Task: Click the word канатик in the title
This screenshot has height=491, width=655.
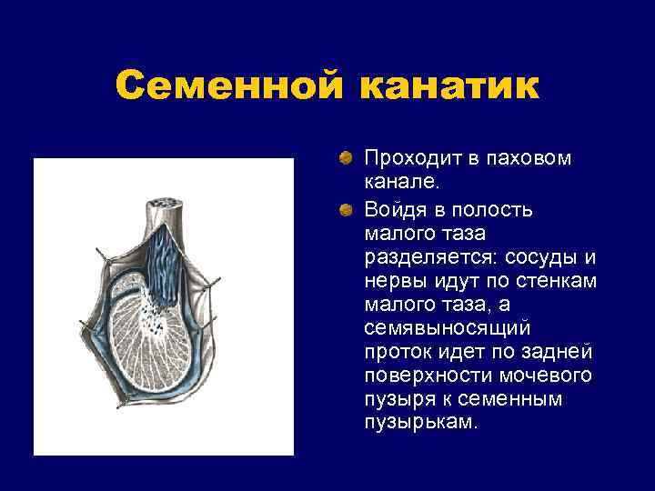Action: (x=449, y=87)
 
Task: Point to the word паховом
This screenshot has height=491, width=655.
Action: (x=528, y=158)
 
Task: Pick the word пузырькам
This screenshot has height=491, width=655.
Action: (x=419, y=423)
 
